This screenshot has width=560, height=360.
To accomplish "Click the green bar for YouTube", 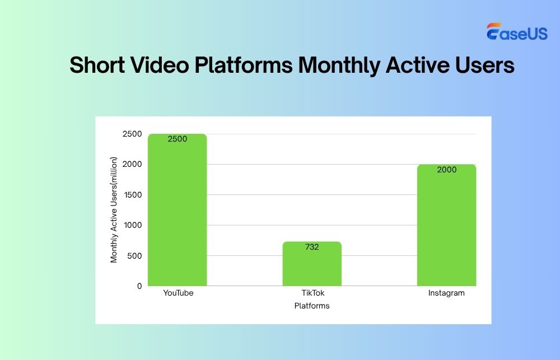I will pyautogui.click(x=177, y=213).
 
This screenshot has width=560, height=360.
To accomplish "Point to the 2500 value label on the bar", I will pyautogui.click(x=177, y=139).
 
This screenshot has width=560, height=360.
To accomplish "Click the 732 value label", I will pyautogui.click(x=312, y=247).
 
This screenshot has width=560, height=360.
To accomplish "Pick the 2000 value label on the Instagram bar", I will pyautogui.click(x=447, y=170).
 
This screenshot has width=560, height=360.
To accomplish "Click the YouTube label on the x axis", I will pyautogui.click(x=178, y=293).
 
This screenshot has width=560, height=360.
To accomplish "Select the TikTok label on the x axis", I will pyautogui.click(x=312, y=293).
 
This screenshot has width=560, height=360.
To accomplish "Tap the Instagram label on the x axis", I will pyautogui.click(x=446, y=293).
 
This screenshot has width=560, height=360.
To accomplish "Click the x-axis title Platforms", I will pyautogui.click(x=312, y=306).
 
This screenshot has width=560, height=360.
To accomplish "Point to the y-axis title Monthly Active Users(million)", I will pyautogui.click(x=114, y=210).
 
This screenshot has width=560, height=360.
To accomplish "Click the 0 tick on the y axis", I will pyautogui.click(x=139, y=286).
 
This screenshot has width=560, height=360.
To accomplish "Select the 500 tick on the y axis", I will pyautogui.click(x=135, y=256).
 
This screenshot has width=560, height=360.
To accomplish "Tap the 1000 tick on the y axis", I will pyautogui.click(x=133, y=225).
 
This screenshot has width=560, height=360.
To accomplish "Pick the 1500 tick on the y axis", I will pyautogui.click(x=133, y=195).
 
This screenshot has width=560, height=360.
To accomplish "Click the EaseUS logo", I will pyautogui.click(x=517, y=32).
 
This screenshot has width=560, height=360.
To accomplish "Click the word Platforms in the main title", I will pyautogui.click(x=243, y=66).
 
